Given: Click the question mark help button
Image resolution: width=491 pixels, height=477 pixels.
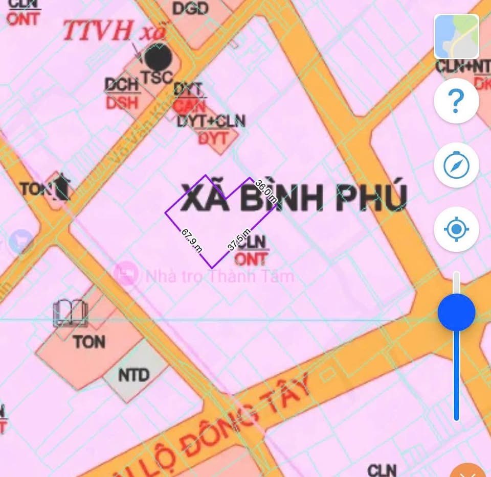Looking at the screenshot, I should pyautogui.click(x=456, y=101).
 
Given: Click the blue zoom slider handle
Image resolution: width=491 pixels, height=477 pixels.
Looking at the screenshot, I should pyautogui.click(x=456, y=312).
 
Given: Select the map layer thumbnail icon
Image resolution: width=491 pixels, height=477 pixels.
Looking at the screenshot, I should pyautogui.click(x=456, y=36).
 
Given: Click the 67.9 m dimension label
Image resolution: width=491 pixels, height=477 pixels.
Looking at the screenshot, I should pyautogui.click(x=192, y=240).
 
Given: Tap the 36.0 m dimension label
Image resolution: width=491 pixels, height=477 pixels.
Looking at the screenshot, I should pyautogui.click(x=266, y=192).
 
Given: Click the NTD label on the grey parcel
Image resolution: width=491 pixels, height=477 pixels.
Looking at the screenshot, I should pyautogui.click(x=133, y=375).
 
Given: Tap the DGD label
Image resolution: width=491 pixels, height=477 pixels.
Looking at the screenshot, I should pyautogui.click(x=190, y=8).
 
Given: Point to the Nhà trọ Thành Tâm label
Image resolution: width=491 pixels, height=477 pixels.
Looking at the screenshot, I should pyautogui.click(x=220, y=276).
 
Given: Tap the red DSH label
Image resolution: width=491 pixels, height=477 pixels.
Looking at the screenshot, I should pyautogui.click(x=122, y=103).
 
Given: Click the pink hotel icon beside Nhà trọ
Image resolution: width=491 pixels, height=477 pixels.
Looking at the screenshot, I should pyautogui.click(x=126, y=274).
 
